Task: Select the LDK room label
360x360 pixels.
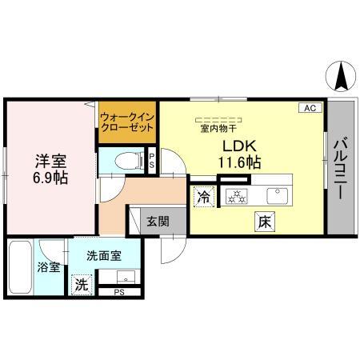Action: (x=238, y=146)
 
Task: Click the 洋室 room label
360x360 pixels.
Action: (x=50, y=158)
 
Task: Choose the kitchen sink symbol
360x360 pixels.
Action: (x=278, y=193)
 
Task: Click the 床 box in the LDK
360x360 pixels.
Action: (x=265, y=221)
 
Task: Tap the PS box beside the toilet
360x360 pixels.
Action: (x=153, y=160)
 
